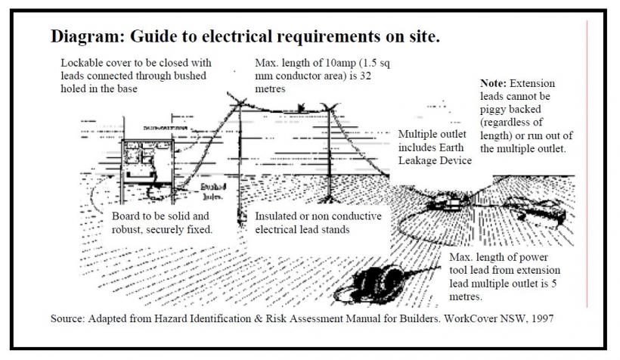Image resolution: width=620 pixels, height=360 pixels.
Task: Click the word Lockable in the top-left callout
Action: [83, 62]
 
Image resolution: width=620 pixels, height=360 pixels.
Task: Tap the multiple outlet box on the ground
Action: [446, 203]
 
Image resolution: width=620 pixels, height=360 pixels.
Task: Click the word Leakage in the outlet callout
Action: [419, 160]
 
